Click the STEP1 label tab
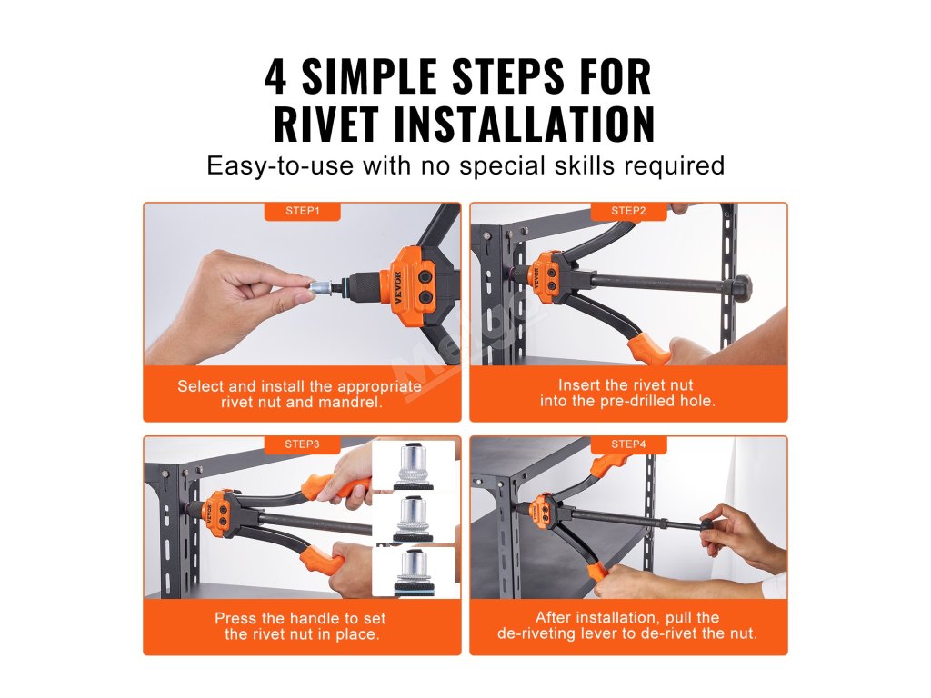302,211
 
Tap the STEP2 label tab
628,211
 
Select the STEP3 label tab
302,444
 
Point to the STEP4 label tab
628,444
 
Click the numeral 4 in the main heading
276,76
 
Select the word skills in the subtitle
585,165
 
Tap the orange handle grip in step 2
652,350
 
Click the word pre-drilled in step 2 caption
637,401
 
